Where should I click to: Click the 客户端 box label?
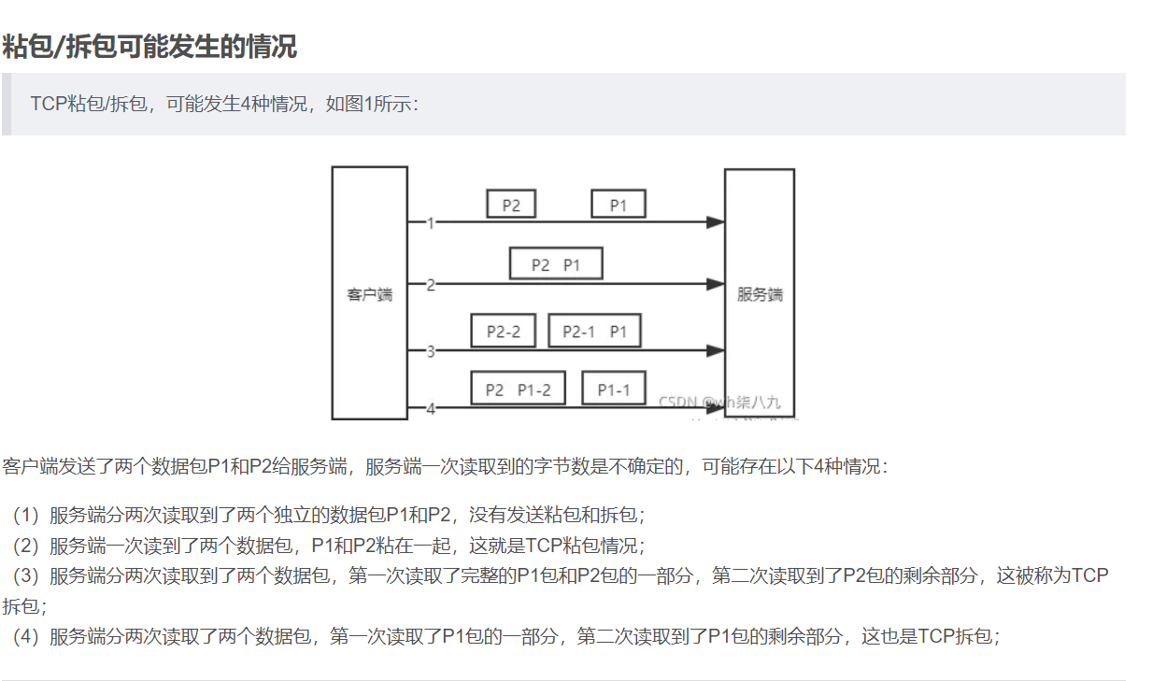click(x=370, y=295)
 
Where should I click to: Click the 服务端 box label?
click(x=760, y=295)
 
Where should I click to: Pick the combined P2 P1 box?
click(x=556, y=264)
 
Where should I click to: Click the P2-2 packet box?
click(x=504, y=332)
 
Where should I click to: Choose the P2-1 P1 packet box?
click(x=594, y=332)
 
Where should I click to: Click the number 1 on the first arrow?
click(x=430, y=223)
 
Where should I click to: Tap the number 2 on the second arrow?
click(x=430, y=285)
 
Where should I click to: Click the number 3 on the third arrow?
click(x=430, y=352)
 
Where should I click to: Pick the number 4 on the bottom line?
click(x=430, y=409)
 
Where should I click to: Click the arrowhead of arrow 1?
click(x=716, y=222)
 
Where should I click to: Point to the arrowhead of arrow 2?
click(x=716, y=284)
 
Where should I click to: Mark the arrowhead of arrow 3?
click(x=716, y=351)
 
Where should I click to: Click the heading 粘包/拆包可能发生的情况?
click(x=149, y=46)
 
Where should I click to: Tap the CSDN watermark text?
click(x=718, y=403)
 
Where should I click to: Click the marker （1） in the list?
click(x=29, y=515)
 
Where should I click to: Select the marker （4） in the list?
click(x=29, y=637)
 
